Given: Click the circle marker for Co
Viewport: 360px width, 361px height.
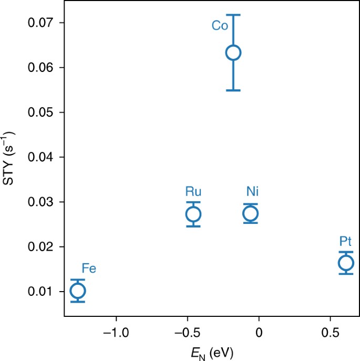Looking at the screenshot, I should [233, 53].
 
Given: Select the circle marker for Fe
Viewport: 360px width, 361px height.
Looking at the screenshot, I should [78, 291].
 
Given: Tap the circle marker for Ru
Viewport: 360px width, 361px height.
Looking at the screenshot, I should [193, 214].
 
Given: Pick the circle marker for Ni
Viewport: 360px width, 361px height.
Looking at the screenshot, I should [251, 213].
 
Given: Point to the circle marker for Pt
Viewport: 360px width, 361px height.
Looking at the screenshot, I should [346, 263].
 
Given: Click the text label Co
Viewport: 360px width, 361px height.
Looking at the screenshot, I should [220, 26].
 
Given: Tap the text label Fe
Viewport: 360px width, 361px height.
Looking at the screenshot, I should [88, 269].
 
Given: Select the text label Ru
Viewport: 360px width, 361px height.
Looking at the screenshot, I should [193, 191].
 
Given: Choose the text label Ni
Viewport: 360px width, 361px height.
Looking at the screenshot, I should [251, 191].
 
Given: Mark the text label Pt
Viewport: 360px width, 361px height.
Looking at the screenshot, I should [346, 241].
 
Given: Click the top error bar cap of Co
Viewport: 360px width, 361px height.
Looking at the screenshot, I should [233, 15].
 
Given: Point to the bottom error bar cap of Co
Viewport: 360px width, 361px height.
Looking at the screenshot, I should [233, 90].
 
